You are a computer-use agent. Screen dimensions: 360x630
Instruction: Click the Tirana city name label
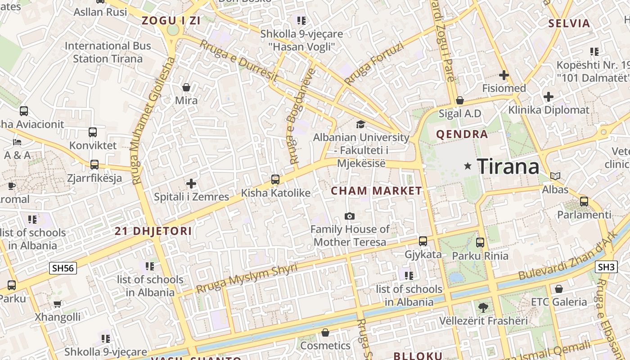pyautogui.click(x=508, y=166)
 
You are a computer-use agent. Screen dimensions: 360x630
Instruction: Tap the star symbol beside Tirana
pyautogui.click(x=468, y=166)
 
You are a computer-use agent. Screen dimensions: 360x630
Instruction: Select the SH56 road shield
pyautogui.click(x=63, y=268)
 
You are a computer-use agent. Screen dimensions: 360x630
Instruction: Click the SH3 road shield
pyautogui.click(x=606, y=267)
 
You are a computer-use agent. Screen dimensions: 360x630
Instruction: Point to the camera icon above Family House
pyautogui.click(x=349, y=216)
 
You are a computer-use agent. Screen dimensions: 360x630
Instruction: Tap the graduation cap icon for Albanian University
pyautogui.click(x=360, y=124)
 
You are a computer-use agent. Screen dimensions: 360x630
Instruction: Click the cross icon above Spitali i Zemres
pyautogui.click(x=191, y=184)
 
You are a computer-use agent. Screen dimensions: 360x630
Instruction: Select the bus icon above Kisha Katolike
pyautogui.click(x=275, y=180)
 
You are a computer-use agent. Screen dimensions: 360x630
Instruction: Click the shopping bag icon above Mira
pyautogui.click(x=186, y=87)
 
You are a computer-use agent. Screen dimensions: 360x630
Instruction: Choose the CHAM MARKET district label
pyautogui.click(x=377, y=191)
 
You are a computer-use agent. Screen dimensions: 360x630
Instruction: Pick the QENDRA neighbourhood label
pyautogui.click(x=462, y=134)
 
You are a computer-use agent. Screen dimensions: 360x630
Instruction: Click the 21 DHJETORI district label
pyautogui.click(x=153, y=231)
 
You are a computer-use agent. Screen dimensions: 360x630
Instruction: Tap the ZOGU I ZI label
pyautogui.click(x=171, y=20)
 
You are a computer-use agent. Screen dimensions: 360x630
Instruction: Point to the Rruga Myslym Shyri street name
pyautogui.click(x=247, y=279)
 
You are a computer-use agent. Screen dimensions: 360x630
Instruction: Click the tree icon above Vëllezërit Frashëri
pyautogui.click(x=483, y=308)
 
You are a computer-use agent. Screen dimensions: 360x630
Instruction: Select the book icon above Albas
pyautogui.click(x=555, y=176)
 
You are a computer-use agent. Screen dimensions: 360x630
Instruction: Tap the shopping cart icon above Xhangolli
pyautogui.click(x=58, y=304)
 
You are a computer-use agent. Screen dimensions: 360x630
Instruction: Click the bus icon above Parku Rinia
pyautogui.click(x=480, y=243)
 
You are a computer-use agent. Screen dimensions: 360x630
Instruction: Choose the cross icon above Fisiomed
pyautogui.click(x=504, y=75)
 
